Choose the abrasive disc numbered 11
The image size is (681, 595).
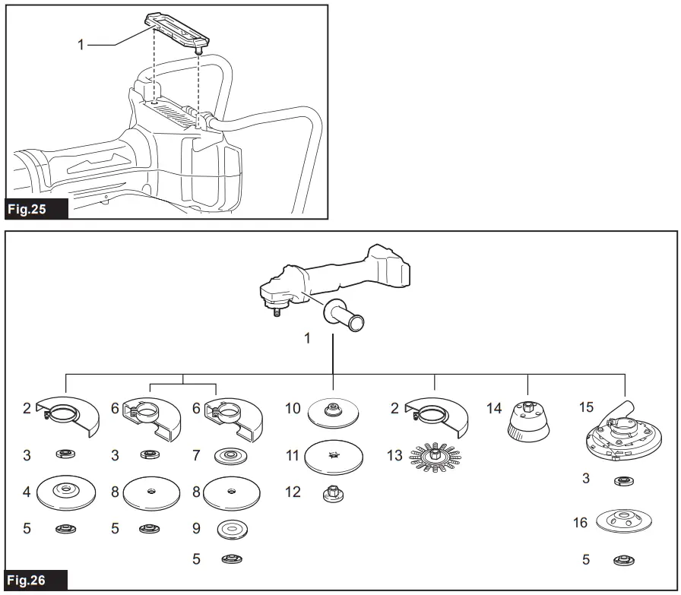[333, 457]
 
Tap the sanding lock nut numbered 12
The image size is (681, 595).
[333, 493]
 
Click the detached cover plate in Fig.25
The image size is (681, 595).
[175, 27]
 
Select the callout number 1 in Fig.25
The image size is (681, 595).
[81, 45]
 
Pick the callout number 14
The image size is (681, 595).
[494, 409]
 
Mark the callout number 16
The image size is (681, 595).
[580, 522]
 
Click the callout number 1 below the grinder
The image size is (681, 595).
[307, 338]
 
